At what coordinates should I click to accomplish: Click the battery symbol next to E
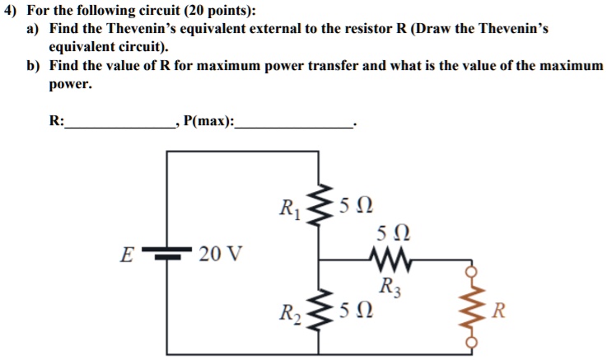[x=169, y=255]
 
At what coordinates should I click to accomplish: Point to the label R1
[x=290, y=208]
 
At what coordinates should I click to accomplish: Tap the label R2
[x=290, y=311]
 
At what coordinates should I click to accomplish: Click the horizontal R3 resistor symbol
[x=387, y=261]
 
